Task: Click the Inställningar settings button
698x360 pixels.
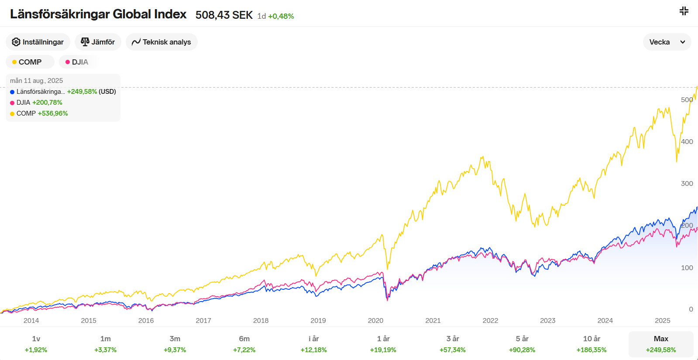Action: (x=38, y=42)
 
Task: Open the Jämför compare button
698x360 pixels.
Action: (x=98, y=42)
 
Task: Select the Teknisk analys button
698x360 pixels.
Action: (x=162, y=42)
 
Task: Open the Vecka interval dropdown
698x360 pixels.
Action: (x=667, y=42)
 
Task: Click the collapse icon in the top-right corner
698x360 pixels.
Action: (x=684, y=11)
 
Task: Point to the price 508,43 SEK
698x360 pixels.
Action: (x=224, y=15)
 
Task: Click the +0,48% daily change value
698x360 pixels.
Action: (x=281, y=16)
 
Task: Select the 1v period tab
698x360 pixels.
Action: (x=36, y=344)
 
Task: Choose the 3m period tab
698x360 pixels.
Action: (x=175, y=344)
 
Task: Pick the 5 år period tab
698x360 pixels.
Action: (x=522, y=344)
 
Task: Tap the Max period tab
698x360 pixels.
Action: (x=661, y=344)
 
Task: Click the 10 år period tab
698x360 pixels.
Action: (x=591, y=344)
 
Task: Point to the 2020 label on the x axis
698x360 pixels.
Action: (x=375, y=320)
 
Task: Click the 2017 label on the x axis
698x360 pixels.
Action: (x=203, y=320)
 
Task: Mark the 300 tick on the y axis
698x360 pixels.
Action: (x=687, y=184)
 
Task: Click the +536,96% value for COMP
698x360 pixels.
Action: (x=53, y=113)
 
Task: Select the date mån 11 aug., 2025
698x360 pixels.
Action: (x=36, y=81)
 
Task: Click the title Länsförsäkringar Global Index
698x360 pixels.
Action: (x=98, y=14)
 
